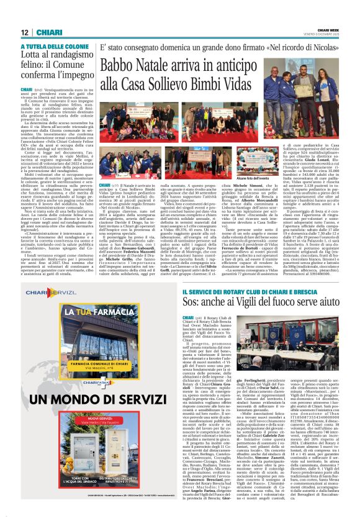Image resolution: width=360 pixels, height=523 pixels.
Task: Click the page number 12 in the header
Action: point(25,32)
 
